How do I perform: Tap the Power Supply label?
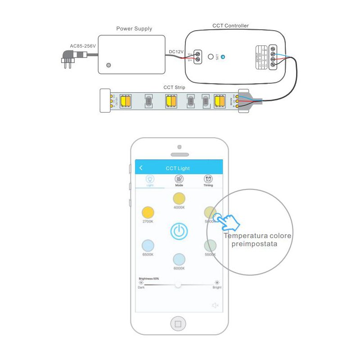(134, 29)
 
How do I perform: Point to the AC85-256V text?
(83, 45)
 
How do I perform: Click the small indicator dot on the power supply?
(108, 65)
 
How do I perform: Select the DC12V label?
(176, 52)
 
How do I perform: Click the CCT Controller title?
(230, 26)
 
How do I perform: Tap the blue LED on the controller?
(223, 57)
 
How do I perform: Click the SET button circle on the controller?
(211, 57)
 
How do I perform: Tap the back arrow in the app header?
(141, 168)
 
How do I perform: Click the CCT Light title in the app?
(178, 168)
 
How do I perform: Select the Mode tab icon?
(179, 179)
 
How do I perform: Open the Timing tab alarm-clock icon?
(208, 179)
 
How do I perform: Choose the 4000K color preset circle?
(179, 198)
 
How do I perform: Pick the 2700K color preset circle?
(148, 212)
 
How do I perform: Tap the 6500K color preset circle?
(148, 245)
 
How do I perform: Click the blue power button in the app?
(179, 231)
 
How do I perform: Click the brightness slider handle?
(178, 284)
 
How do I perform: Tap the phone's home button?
(178, 323)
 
